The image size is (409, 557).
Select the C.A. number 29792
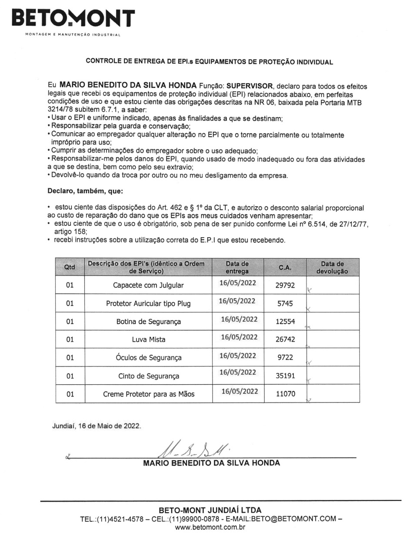(285, 285)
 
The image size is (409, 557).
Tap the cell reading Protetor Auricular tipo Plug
(148, 303)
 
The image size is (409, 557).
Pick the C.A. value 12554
(285, 322)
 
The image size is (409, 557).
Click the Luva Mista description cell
(148, 339)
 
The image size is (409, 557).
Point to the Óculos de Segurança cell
(148, 358)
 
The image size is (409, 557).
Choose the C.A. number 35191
(285, 376)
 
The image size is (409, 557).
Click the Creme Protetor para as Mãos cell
(148, 394)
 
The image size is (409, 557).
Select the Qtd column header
(70, 267)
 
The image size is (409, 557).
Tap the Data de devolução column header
(332, 267)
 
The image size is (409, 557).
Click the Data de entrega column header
(237, 267)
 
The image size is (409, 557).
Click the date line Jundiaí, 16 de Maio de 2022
(96, 426)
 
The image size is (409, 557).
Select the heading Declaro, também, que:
(85, 191)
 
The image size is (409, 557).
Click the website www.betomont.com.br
(210, 527)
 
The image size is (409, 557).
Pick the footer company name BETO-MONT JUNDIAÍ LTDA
(210, 510)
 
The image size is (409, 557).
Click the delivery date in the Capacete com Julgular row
(237, 283)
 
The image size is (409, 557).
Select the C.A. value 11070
(285, 394)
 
